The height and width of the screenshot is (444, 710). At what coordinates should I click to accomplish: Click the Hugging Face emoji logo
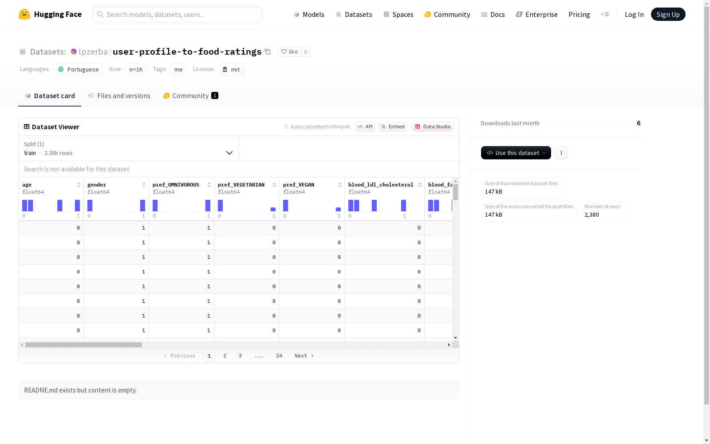point(24,14)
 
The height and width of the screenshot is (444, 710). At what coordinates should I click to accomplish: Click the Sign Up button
point(668,14)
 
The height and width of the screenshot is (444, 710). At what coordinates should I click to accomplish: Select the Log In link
point(634,14)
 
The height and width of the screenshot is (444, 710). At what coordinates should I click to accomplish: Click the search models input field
point(177,14)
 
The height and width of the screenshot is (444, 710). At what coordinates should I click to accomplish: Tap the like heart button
point(289,52)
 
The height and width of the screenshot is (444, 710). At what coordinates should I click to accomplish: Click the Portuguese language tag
point(78,69)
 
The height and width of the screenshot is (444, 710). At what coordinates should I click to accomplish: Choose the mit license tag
point(231,69)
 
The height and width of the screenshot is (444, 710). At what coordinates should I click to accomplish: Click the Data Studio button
point(432,127)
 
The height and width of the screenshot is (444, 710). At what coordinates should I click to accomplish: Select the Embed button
point(393,127)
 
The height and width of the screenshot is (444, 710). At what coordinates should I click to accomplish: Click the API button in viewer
point(365,127)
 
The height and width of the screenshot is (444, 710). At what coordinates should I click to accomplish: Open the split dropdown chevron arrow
point(229,153)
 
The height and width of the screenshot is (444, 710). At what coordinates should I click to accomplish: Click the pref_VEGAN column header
point(298,185)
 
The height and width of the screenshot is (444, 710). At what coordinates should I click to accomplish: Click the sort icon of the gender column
point(144,185)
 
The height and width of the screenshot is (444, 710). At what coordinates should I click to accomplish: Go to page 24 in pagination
point(279,356)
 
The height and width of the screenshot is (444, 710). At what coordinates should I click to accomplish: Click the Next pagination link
point(304,356)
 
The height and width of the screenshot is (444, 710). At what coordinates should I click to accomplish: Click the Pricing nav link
point(579,14)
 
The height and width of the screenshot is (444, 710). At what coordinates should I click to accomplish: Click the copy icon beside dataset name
point(268,52)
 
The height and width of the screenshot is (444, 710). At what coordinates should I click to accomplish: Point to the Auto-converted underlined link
point(308,127)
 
